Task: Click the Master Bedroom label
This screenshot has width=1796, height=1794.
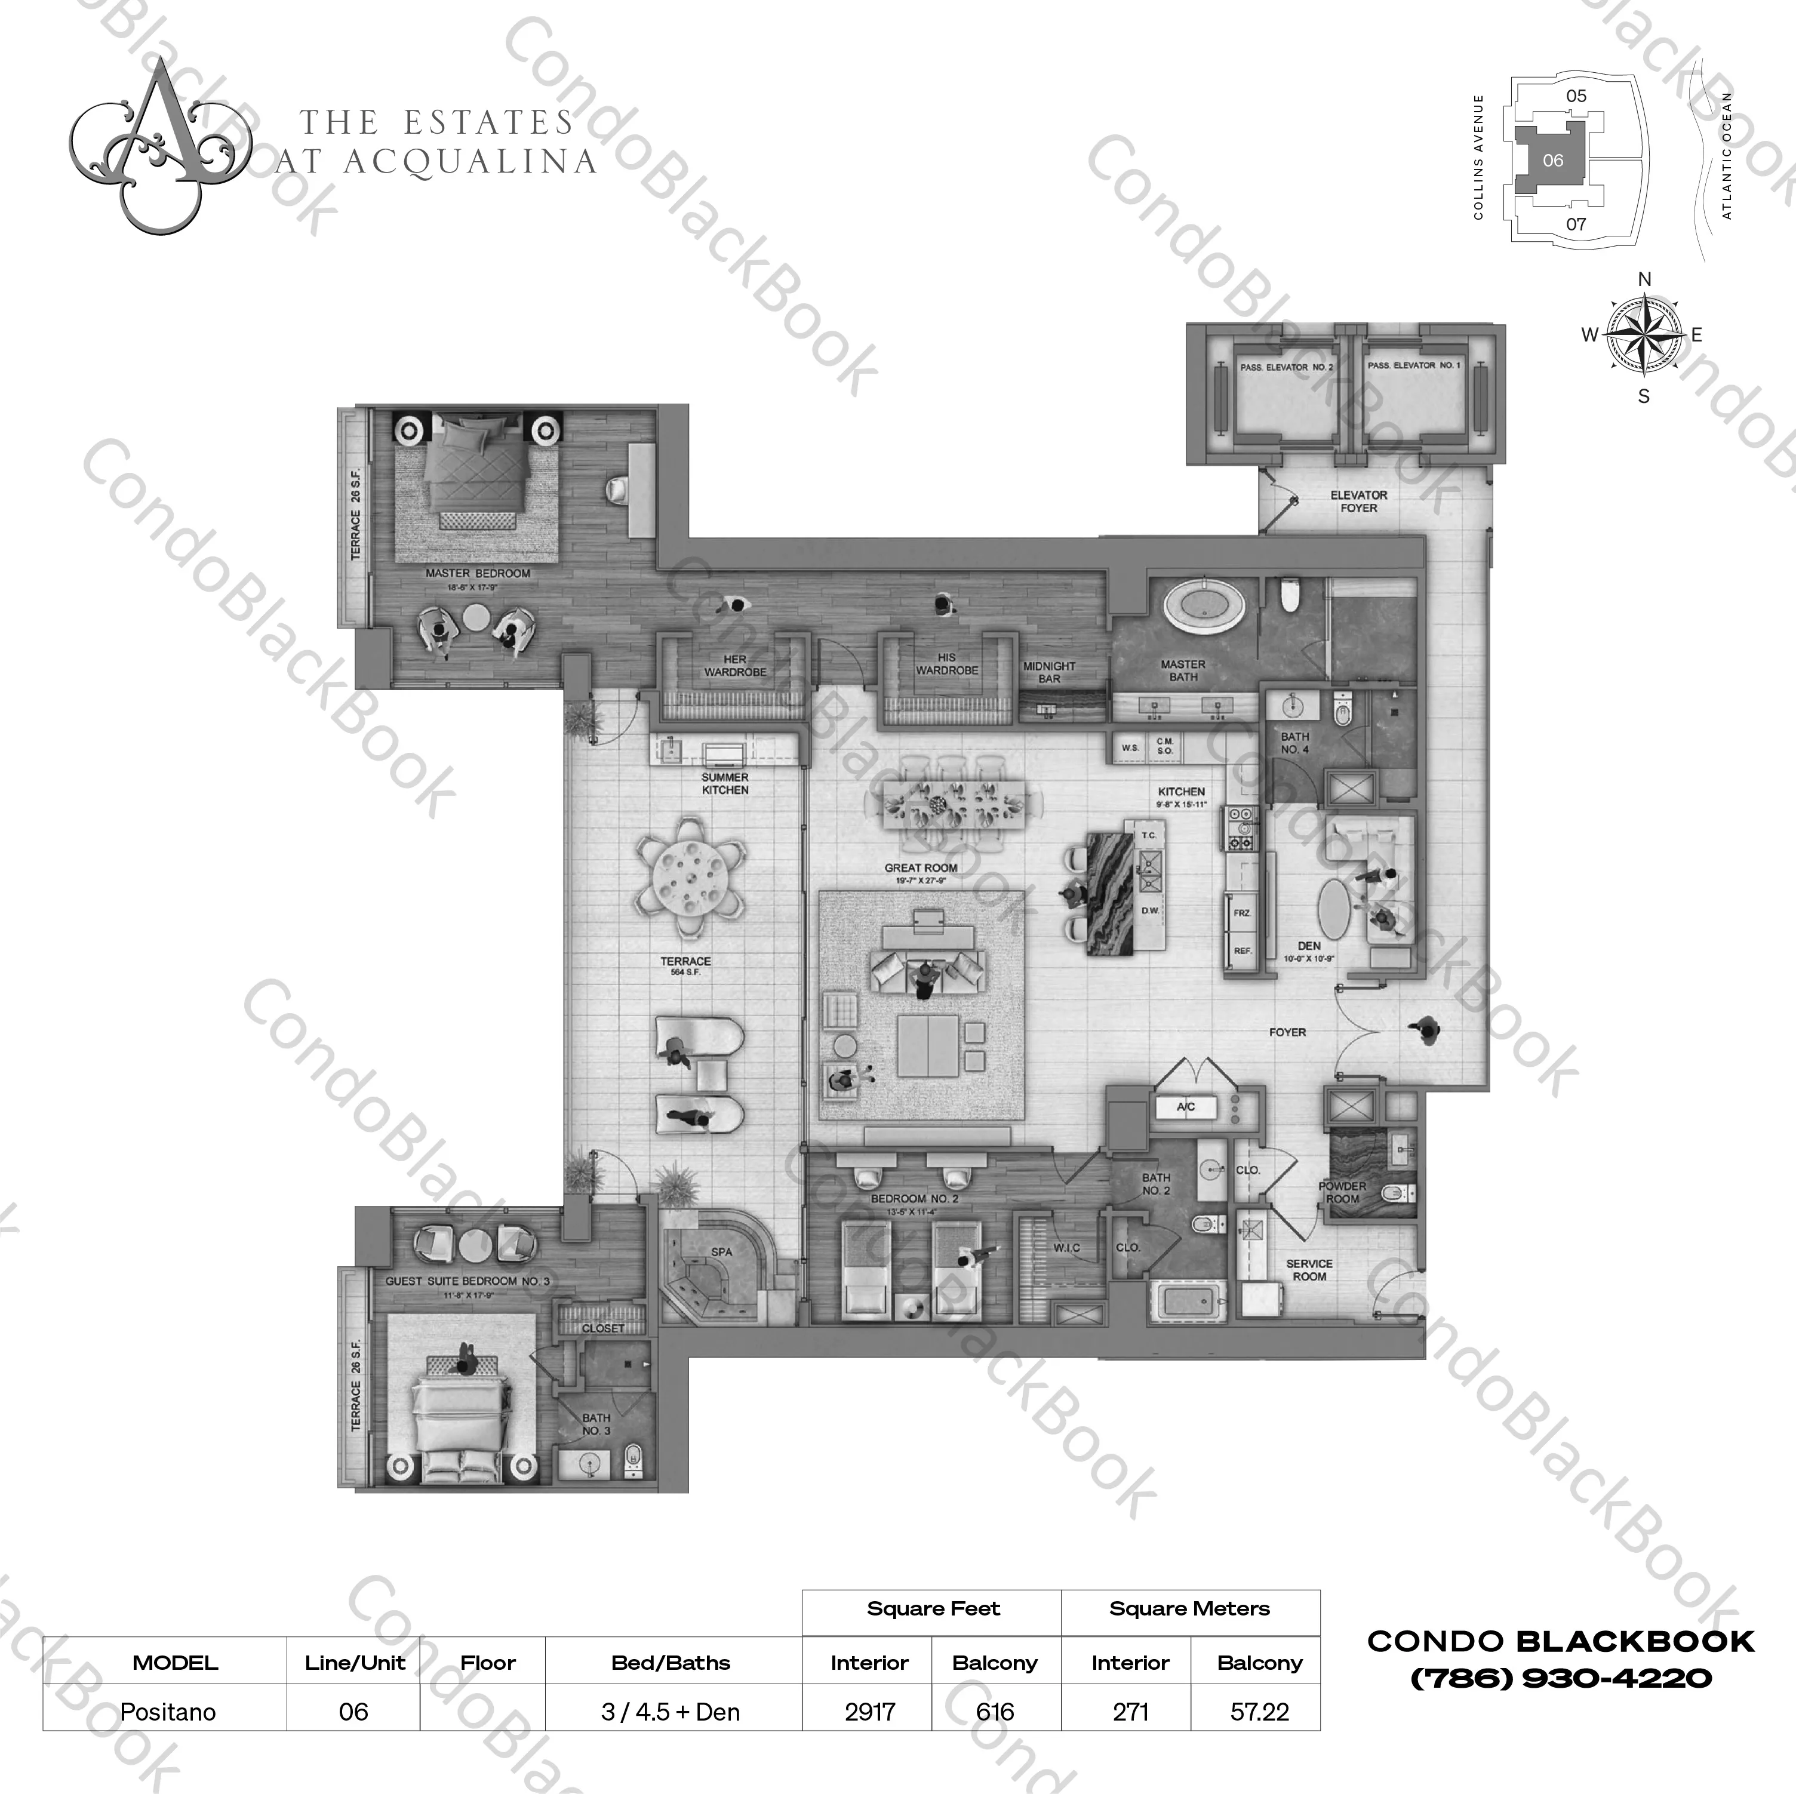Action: pos(478,574)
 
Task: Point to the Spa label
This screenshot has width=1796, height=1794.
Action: pos(721,1251)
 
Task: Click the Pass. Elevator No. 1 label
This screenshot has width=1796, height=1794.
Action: pos(1413,365)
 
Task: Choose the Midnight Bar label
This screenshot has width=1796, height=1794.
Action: pos(1048,672)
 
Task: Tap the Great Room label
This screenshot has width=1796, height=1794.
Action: pos(920,867)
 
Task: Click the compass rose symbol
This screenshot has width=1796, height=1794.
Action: pos(1644,335)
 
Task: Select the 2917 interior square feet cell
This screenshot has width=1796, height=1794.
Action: pos(869,1711)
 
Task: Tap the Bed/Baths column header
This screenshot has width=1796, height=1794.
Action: pos(671,1662)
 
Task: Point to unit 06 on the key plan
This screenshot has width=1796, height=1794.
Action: pos(1552,160)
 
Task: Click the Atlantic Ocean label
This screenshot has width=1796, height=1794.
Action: pos(1727,156)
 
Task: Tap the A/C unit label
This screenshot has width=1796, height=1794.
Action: pos(1185,1106)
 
